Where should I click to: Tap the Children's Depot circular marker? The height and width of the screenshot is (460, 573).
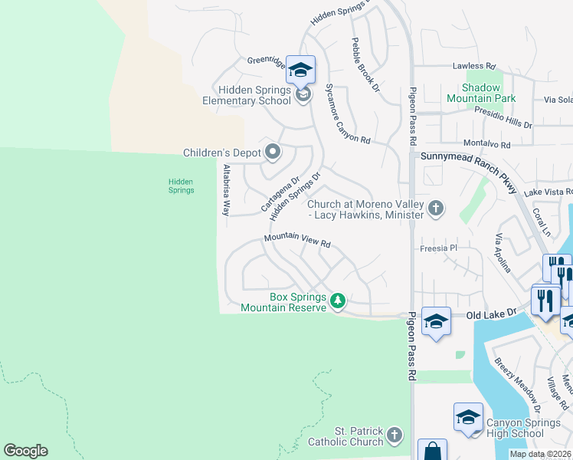coord(272,152)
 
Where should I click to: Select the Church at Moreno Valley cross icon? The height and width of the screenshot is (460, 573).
coord(436,208)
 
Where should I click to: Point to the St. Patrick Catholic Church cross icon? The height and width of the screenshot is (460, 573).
coord(394,435)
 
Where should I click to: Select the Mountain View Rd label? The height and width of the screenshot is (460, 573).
coord(297,242)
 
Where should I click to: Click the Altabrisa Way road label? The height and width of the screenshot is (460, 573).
coord(226,189)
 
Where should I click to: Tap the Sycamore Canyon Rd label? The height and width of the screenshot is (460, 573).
coord(348,114)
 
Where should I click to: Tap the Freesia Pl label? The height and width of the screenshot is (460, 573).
coord(438,248)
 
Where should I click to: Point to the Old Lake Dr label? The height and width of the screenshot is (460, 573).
coord(488,314)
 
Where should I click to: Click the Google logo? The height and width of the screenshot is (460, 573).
coord(25,451)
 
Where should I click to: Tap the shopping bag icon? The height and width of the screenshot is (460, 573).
coord(432,451)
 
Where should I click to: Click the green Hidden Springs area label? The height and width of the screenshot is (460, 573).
coord(181,186)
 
